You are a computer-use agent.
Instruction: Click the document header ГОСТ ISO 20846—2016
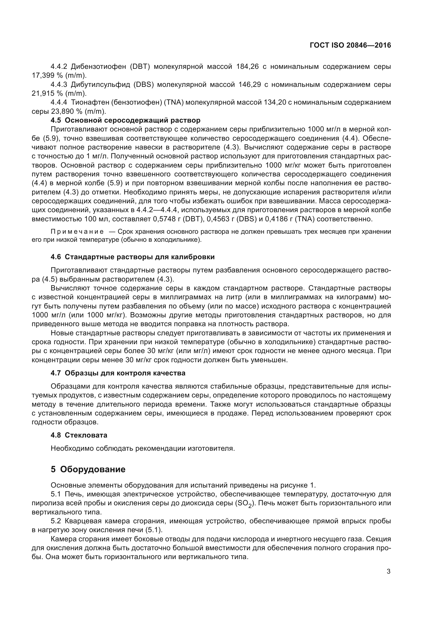[x=350, y=45]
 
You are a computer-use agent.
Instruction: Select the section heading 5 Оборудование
[x=88, y=469]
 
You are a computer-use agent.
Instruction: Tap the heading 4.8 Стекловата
[x=79, y=435]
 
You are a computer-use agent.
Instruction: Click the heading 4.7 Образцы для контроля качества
[x=118, y=373]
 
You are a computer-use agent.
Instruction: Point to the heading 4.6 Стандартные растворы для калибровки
[x=133, y=257]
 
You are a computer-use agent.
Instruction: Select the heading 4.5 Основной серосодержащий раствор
[x=125, y=120]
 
